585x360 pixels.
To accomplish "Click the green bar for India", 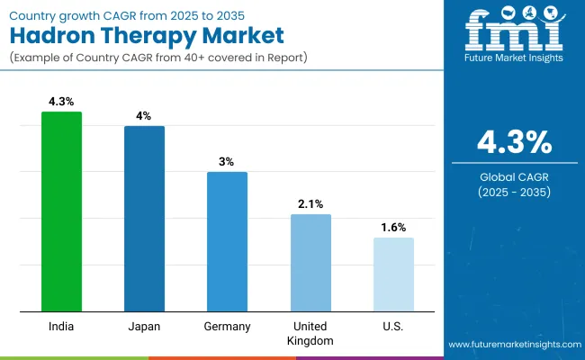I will pyautogui.click(x=61, y=211).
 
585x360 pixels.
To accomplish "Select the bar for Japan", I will pyautogui.click(x=144, y=219).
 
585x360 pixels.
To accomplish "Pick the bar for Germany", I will pyautogui.click(x=227, y=241).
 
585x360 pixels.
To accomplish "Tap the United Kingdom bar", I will pyautogui.click(x=310, y=263).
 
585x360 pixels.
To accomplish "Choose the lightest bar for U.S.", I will pyautogui.click(x=393, y=274).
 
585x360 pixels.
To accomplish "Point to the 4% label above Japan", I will pyautogui.click(x=144, y=117).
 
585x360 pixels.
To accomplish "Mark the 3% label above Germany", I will pyautogui.click(x=227, y=162).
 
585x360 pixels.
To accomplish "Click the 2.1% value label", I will pyautogui.click(x=310, y=204).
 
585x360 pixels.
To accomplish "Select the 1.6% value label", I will pyautogui.click(x=393, y=228).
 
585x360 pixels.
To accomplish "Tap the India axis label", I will pyautogui.click(x=61, y=326).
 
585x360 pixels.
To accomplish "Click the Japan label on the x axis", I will pyautogui.click(x=144, y=326).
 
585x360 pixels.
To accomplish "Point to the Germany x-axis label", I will pyautogui.click(x=227, y=326).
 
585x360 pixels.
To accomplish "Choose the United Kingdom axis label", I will pyautogui.click(x=310, y=333).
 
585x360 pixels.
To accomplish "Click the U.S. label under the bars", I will pyautogui.click(x=393, y=326).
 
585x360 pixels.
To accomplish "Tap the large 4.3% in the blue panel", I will pyautogui.click(x=515, y=142).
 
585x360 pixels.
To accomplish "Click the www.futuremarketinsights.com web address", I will pyautogui.click(x=512, y=345).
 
